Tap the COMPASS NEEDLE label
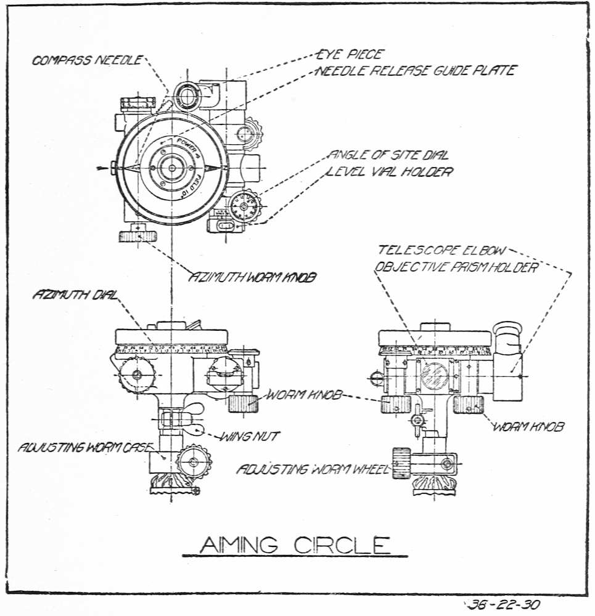coord(87,60)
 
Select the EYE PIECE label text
coord(350,54)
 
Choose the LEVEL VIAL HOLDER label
coord(390,171)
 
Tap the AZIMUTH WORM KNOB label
coord(253,278)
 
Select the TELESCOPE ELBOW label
coord(442,250)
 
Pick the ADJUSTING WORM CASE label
coord(78,447)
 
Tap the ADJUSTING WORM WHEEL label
coord(313,470)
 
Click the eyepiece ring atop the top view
coord(186,94)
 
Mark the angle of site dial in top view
coord(245,206)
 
